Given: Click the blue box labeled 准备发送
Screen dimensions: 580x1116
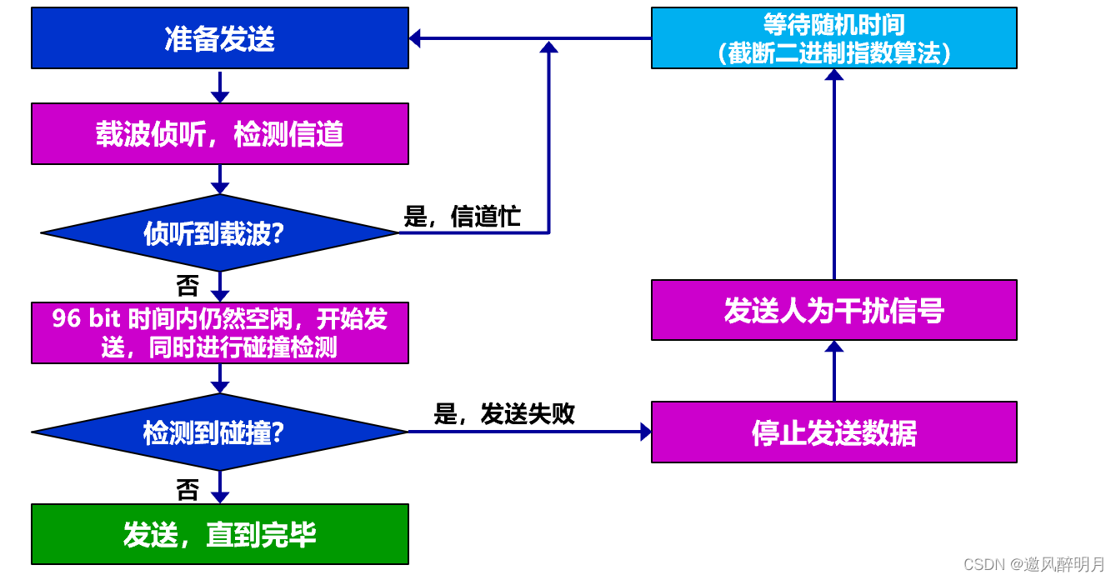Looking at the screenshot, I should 219,38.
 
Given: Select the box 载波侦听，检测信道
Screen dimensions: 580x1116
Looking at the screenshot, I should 219,133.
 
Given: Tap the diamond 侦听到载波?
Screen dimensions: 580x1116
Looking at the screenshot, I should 219,233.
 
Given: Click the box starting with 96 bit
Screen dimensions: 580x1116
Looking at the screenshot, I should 219,332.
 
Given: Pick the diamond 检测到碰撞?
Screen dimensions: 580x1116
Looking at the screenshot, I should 219,432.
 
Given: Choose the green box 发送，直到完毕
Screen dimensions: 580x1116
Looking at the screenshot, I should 219,534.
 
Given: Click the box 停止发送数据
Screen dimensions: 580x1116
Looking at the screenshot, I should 833,432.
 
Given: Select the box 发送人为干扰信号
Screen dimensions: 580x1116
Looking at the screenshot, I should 833,310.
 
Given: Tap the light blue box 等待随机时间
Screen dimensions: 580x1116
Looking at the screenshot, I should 833,38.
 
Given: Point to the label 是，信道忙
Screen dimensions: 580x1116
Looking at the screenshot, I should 462,217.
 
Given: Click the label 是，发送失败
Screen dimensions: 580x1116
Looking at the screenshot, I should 503,414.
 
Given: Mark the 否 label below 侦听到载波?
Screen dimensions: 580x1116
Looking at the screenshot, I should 188,287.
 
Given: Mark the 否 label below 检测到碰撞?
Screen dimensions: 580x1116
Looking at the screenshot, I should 188,490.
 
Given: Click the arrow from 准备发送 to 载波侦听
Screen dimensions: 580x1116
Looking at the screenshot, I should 219,86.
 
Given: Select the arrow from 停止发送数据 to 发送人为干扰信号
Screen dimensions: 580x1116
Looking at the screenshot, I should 833,371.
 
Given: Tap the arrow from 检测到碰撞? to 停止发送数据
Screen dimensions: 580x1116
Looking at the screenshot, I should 528,432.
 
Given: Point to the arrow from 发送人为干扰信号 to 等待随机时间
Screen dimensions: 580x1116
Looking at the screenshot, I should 833,175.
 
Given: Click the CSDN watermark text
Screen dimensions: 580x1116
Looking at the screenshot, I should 1033,564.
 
